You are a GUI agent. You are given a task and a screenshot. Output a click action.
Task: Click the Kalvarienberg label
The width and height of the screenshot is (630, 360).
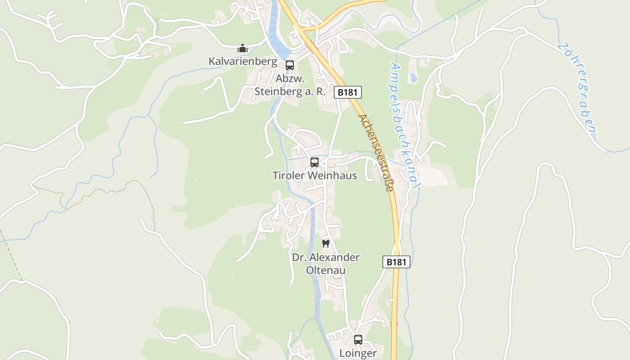click(x=243, y=61)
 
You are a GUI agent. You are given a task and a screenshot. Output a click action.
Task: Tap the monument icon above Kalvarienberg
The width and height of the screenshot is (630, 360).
click(x=243, y=48)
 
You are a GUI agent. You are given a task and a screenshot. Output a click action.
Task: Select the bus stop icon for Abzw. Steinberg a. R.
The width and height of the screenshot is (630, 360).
click(x=290, y=65)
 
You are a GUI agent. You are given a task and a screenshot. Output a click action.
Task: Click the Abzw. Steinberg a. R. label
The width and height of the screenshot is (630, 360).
click(x=290, y=85)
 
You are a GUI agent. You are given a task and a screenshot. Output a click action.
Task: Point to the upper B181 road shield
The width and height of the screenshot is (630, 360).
click(x=348, y=92)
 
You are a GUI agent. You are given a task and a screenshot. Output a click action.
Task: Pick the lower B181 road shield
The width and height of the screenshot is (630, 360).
click(x=396, y=262)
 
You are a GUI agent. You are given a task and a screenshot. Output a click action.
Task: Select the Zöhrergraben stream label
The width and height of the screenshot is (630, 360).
click(x=578, y=87)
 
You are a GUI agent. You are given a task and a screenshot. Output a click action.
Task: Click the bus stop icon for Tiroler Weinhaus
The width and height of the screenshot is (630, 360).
click(x=315, y=162)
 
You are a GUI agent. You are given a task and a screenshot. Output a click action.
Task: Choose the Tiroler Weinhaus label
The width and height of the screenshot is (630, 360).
click(x=315, y=175)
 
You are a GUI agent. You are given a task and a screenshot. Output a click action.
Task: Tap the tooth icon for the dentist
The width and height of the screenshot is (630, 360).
click(x=326, y=243)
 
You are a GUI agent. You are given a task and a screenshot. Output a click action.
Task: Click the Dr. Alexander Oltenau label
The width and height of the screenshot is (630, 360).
click(x=326, y=264)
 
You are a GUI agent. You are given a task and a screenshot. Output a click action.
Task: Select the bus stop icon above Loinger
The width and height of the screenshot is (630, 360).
click(x=358, y=340)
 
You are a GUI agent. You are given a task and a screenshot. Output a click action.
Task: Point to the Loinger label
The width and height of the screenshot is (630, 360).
click(x=358, y=353)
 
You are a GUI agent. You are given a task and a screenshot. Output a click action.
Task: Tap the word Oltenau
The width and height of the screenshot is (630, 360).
click(x=326, y=270)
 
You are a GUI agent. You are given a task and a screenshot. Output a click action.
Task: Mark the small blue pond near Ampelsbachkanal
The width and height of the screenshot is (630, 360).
click(x=413, y=77)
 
